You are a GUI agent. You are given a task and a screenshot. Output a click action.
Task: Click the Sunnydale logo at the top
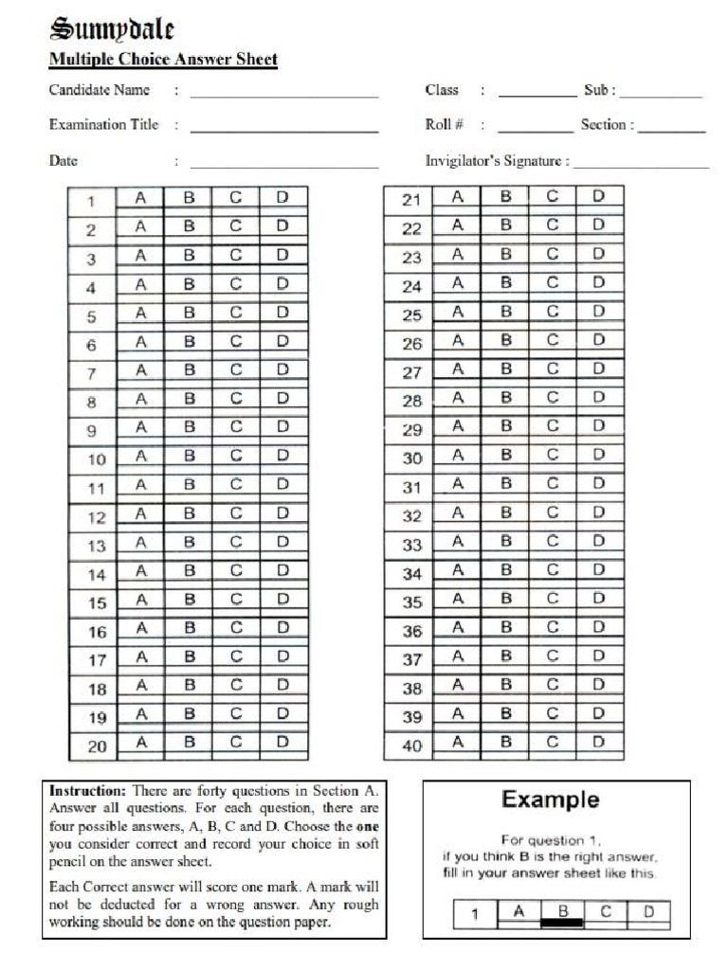112,29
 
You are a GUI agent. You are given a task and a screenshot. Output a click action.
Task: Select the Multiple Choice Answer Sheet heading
163,60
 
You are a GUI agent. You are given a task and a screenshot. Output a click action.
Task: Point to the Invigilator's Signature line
641,164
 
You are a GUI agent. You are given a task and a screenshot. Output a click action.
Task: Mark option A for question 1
140,198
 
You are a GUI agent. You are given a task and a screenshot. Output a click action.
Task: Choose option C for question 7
236,369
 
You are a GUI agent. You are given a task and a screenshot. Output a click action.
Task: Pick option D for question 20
282,744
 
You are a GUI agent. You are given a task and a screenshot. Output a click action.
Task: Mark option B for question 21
506,197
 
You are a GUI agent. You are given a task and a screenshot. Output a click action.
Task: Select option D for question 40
599,743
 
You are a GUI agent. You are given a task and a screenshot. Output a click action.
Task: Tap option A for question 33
458,543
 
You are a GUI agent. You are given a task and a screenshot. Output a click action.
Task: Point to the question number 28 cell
411,401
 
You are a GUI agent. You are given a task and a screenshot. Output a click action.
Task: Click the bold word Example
551,799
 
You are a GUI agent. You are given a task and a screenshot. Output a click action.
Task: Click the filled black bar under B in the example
561,922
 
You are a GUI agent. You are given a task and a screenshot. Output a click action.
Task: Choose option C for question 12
236,513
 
